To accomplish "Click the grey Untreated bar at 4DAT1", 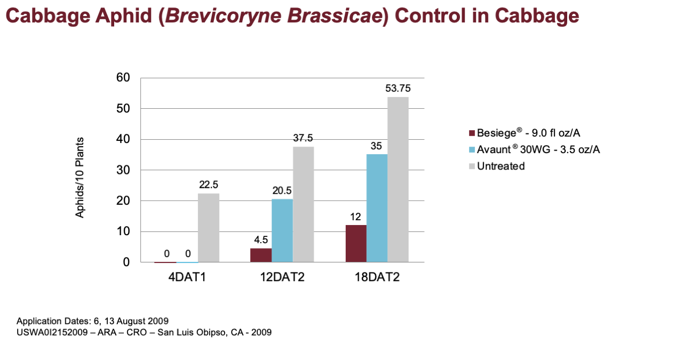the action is tap(209, 228).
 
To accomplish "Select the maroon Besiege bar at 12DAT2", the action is tap(261, 255).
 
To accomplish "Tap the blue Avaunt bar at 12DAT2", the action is tap(282, 230).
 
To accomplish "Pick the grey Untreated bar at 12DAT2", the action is tap(304, 205).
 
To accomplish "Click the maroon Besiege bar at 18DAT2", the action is tap(356, 244).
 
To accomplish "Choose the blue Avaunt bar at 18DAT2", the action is tap(377, 208).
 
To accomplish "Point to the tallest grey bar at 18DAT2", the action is tap(398, 180).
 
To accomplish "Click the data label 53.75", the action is tap(398, 89).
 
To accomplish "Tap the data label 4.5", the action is tap(261, 240).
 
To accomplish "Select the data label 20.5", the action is tap(282, 191).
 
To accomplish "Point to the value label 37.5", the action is tap(303, 138).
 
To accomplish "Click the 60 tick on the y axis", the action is tap(123, 78).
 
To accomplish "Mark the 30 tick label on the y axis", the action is tap(123, 170).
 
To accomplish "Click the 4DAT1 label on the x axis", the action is tap(187, 277).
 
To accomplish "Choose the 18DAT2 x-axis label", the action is tap(377, 277).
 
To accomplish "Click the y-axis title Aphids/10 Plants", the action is tap(80, 178).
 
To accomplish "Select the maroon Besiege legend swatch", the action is tap(472, 133).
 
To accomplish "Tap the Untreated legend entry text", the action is tap(501, 166).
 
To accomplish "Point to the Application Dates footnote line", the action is tap(92, 321).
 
